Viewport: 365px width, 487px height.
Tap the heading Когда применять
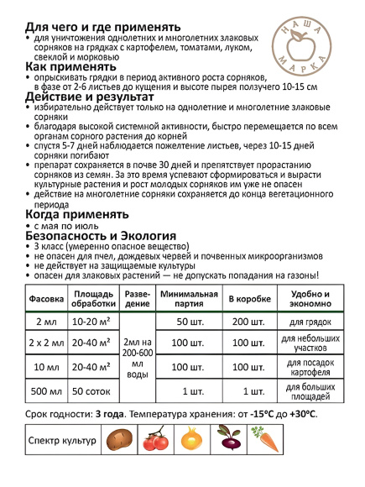pyautogui.click(x=70, y=215)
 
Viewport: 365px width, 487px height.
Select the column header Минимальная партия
pyautogui.click(x=189, y=300)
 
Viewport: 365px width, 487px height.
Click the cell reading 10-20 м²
pyautogui.click(x=91, y=322)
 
